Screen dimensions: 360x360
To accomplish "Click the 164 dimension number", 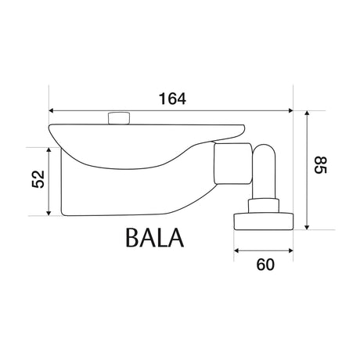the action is point(172,99).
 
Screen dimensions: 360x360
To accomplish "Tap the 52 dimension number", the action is point(38,179).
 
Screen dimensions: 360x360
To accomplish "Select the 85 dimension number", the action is point(320,165).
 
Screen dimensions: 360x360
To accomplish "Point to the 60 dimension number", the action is point(265,265).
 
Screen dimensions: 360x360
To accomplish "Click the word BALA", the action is point(155,238).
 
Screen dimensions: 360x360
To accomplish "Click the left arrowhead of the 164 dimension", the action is point(51,110).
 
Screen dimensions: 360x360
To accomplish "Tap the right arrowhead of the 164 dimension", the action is point(290,110).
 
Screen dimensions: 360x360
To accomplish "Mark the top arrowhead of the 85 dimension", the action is point(307,113).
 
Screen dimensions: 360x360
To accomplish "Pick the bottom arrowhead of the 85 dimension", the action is point(307,227).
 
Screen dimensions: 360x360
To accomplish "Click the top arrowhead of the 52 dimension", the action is point(49,150).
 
